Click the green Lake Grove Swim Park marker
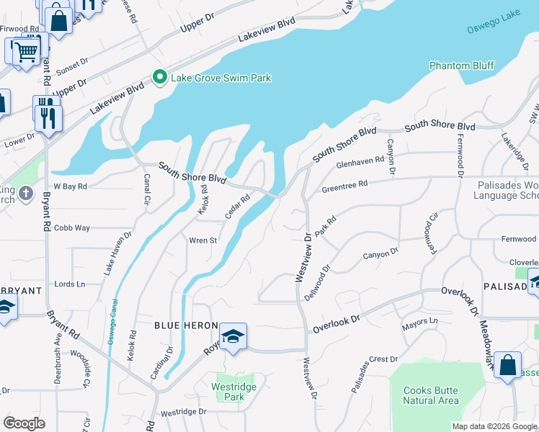(x=159, y=77)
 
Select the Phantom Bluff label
(x=461, y=66)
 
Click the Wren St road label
(x=202, y=240)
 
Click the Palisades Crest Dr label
(x=375, y=373)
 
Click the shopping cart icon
(x=24, y=51)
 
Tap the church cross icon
(x=26, y=193)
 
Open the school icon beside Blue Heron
(x=233, y=336)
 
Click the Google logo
(x=24, y=423)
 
